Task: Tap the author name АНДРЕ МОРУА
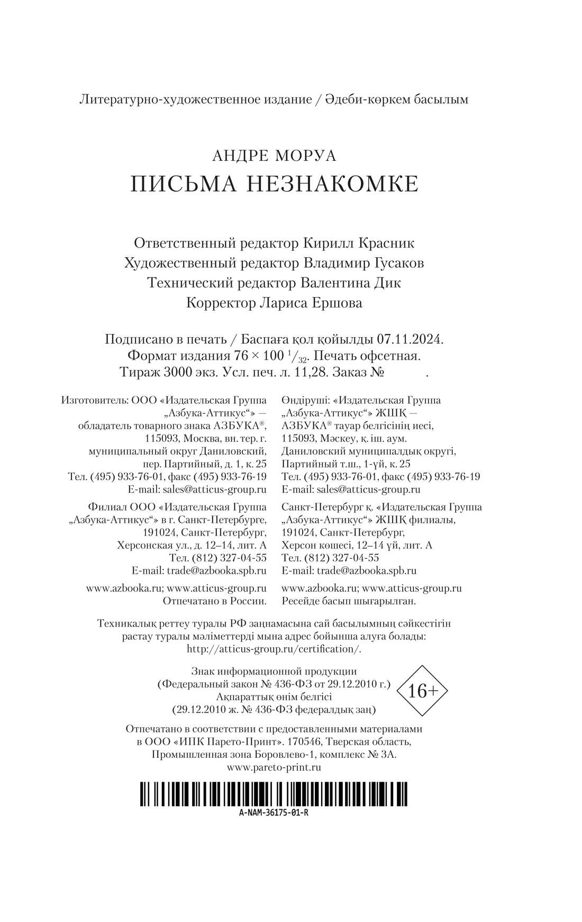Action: pos(274,156)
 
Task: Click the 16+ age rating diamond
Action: pos(421,691)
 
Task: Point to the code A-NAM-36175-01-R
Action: pos(274,813)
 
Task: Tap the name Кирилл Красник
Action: pos(358,243)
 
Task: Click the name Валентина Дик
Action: pos(350,283)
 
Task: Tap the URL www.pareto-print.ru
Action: pos(274,767)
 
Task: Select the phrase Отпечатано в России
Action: pos(214,601)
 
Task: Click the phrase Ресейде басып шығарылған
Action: pos(349,601)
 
